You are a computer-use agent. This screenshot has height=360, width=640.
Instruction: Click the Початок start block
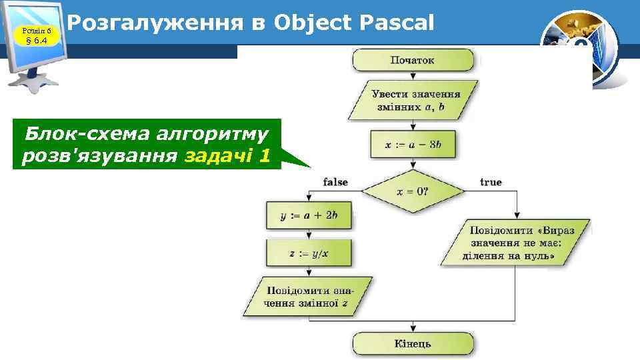(x=413, y=60)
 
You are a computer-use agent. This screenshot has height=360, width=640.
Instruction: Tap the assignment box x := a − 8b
(x=413, y=145)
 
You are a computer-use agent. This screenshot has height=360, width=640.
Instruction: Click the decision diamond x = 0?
(x=413, y=191)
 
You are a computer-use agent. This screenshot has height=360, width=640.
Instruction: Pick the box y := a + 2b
(x=309, y=215)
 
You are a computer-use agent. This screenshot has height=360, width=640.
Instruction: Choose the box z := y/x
(x=309, y=253)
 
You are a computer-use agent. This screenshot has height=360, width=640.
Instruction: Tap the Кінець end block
(x=413, y=344)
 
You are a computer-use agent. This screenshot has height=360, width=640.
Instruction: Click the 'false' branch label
(x=335, y=182)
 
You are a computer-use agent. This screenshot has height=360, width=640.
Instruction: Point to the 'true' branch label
(x=491, y=182)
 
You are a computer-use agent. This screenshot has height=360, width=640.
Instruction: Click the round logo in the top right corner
(x=579, y=49)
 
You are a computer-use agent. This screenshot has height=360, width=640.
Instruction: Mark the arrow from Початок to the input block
(x=413, y=75)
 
